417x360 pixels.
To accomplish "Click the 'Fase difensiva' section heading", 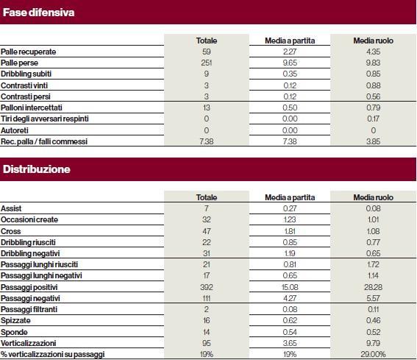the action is (x=38, y=13).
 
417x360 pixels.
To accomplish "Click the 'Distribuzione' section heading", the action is (x=37, y=169).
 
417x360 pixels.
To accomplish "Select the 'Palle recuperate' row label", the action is (x=28, y=52).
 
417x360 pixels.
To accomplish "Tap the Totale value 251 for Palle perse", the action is (x=207, y=63).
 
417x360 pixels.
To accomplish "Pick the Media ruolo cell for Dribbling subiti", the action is (x=373, y=74).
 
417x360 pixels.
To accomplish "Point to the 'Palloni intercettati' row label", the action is (x=31, y=107).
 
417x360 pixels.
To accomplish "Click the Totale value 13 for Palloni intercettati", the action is (x=207, y=107).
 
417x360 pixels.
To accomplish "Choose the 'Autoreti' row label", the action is (x=15, y=130).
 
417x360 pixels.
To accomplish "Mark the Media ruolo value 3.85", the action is (x=373, y=141).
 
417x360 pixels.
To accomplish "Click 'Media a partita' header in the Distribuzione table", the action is (x=290, y=197).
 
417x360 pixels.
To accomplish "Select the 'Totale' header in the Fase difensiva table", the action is (x=207, y=40).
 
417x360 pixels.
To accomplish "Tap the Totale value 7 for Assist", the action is (x=207, y=208).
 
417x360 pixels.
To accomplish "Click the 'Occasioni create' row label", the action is (x=29, y=219).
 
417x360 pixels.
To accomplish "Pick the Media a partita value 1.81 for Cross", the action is (x=290, y=231).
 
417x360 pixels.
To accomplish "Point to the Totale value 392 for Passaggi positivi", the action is (x=207, y=287).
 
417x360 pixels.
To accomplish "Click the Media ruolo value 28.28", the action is (x=373, y=287).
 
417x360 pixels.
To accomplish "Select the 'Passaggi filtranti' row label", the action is (x=29, y=309).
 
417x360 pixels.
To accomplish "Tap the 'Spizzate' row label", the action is (x=15, y=320).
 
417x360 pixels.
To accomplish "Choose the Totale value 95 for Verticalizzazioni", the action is (x=207, y=343).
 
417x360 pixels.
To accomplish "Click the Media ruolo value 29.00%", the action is (x=373, y=354).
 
